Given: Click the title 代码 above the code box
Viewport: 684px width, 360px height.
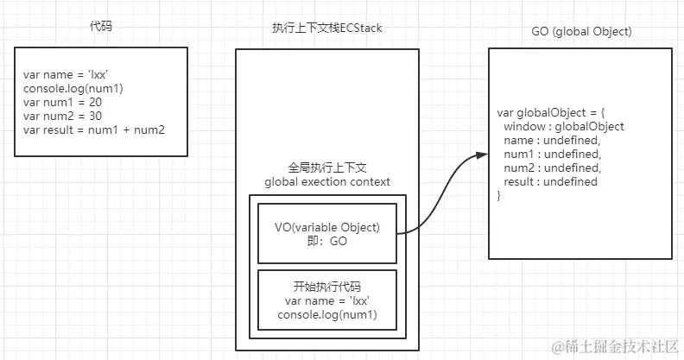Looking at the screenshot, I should [101, 26].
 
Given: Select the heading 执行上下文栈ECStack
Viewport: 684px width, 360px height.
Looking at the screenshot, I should [326, 28].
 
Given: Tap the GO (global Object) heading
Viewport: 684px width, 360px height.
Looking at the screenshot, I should [581, 31].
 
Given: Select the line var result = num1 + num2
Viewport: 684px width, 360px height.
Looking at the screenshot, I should [94, 129].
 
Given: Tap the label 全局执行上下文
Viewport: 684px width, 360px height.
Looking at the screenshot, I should [326, 168].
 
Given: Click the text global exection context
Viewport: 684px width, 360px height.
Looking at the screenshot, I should [326, 181].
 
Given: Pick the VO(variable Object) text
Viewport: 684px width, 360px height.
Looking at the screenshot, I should [326, 228].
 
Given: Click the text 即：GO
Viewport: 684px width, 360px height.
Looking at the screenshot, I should [326, 242].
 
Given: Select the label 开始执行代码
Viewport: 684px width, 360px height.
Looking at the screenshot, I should [326, 287].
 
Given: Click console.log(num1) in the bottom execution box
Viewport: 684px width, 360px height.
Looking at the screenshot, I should [326, 314].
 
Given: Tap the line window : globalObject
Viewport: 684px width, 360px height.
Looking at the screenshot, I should [563, 127].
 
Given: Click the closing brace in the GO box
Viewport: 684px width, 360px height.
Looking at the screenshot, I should [500, 196].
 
